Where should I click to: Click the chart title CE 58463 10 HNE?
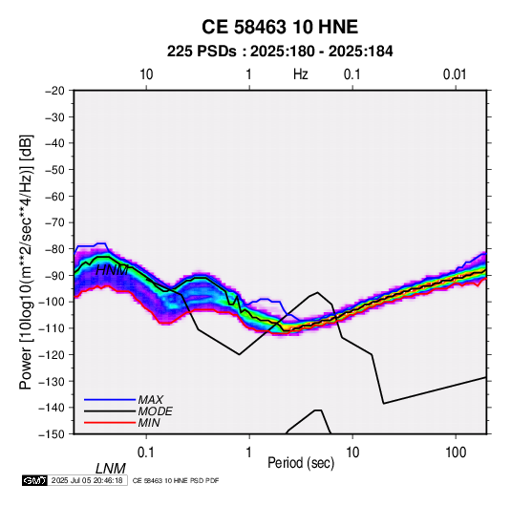click(280, 27)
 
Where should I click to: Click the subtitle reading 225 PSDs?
click(202, 52)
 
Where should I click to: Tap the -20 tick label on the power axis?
click(54, 91)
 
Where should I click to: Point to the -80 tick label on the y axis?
click(54, 249)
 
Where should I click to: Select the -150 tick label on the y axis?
click(52, 434)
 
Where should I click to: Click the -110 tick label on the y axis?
click(52, 328)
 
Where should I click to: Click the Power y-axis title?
click(26, 263)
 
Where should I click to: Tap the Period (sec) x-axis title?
click(301, 463)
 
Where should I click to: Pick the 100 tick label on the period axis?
click(456, 452)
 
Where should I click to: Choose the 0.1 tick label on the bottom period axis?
click(146, 452)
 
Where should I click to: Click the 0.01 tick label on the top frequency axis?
click(455, 74)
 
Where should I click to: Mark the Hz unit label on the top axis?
click(301, 74)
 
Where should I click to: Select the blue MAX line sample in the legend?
click(110, 400)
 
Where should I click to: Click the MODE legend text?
click(155, 411)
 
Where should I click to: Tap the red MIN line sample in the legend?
click(110, 423)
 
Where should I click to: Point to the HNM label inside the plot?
click(112, 270)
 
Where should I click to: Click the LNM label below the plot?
click(111, 469)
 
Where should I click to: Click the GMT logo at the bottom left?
click(34, 480)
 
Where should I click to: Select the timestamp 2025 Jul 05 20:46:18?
click(87, 480)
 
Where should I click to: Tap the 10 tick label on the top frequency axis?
click(146, 74)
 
